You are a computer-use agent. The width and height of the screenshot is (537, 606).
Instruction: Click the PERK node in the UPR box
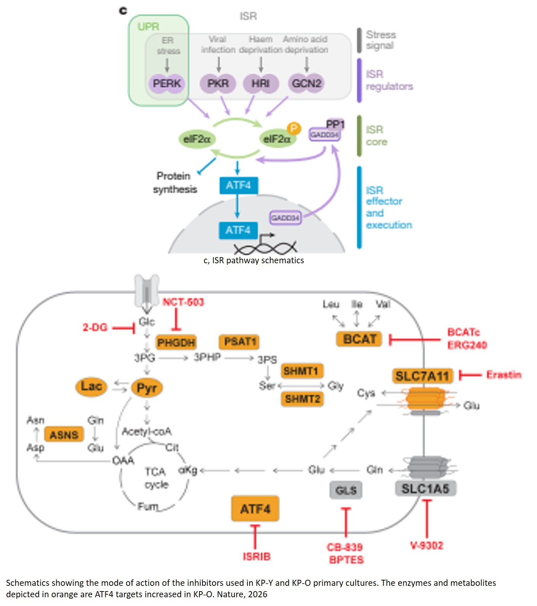[x=167, y=83]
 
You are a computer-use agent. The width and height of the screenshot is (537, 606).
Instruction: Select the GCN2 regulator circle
[x=306, y=83]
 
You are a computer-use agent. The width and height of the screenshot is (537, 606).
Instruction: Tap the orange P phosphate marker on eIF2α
[x=293, y=129]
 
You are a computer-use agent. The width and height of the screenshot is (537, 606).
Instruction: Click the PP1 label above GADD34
[x=335, y=124]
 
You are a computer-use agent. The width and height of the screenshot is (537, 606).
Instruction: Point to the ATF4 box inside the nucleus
[x=238, y=230]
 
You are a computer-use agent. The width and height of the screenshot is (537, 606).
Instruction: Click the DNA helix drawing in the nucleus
[x=265, y=248]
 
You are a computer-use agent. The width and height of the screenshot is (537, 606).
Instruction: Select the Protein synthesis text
[x=175, y=183]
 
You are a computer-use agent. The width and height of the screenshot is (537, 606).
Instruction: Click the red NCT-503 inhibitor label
[x=183, y=302]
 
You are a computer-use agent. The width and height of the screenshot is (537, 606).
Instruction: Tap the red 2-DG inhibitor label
[x=95, y=327]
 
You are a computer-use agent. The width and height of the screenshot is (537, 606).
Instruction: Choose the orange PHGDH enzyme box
[x=176, y=342]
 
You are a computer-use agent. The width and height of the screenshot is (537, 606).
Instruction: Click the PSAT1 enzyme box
[x=239, y=342]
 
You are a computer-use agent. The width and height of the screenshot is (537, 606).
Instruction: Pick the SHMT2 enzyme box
[x=303, y=399]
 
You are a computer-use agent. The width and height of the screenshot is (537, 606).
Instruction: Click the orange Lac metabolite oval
[x=91, y=387]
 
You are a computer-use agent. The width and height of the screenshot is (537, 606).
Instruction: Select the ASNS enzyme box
[x=64, y=434]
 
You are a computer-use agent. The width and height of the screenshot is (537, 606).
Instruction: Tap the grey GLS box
[x=346, y=490]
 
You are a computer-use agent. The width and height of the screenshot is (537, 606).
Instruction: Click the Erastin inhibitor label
[x=504, y=375]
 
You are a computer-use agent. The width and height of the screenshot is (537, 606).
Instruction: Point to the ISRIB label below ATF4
[x=257, y=556]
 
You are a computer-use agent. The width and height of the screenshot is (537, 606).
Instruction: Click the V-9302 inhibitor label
[x=427, y=545]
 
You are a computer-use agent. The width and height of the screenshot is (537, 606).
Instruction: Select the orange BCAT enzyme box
[x=359, y=339]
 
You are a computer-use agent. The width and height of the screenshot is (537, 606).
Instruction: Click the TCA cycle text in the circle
[x=156, y=478]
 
